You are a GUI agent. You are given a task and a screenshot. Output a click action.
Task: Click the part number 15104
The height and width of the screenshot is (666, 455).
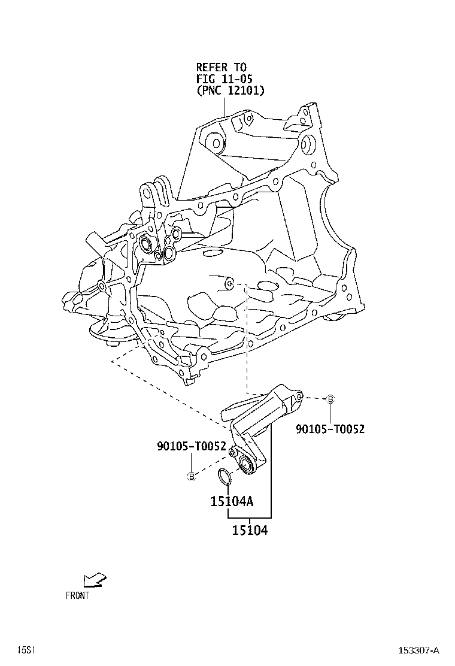pos(250,530)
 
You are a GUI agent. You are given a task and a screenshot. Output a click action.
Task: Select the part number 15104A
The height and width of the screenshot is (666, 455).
pos(232,501)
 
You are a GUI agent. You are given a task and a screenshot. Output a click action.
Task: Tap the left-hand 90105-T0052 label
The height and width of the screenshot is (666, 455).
pos(191,446)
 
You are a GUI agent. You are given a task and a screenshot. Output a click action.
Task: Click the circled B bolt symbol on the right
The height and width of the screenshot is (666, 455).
pos(330,399)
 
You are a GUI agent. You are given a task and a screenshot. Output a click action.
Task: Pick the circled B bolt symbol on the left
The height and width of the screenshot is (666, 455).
pos(192,476)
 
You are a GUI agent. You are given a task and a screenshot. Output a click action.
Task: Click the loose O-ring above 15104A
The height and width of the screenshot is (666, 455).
pos(223,477)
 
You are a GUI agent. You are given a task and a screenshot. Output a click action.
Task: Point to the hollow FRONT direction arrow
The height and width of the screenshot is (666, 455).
pos(95,579)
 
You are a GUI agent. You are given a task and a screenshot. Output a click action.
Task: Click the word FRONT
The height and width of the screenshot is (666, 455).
pos(77,595)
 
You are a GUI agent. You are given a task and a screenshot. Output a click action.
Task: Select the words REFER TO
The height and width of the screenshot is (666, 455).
pos(221,68)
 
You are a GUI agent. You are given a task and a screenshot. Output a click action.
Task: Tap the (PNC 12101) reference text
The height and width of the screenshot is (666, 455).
pos(230,90)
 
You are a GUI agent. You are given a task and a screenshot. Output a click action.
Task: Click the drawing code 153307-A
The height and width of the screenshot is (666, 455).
pos(420,650)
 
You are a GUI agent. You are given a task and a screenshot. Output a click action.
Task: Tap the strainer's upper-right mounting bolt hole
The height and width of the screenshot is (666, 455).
pos(299,396)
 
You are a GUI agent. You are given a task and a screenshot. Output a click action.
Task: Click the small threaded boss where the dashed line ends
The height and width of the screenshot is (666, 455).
pos(228,282)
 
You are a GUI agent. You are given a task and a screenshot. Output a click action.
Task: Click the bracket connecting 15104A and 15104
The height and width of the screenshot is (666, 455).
pos(271,516)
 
